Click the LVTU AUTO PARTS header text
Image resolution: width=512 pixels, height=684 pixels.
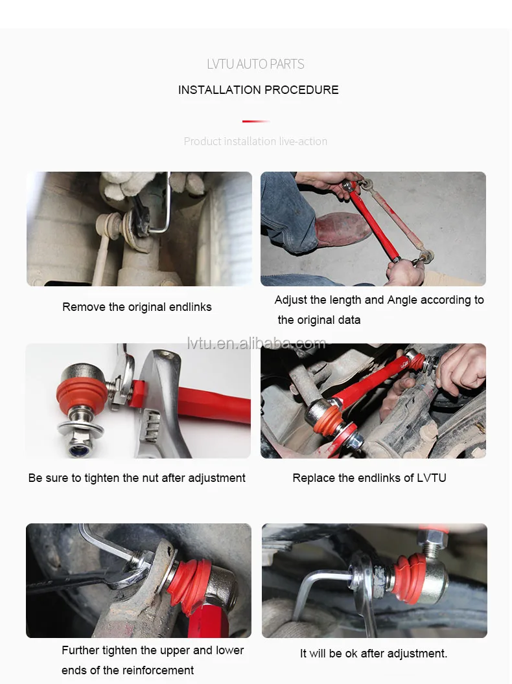(255, 64)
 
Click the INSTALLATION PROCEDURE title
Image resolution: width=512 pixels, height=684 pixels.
(258, 90)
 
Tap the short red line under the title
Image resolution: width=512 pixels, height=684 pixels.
(256, 121)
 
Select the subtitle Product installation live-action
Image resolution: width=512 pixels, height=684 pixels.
(255, 141)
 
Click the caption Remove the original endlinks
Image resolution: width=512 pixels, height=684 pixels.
(137, 307)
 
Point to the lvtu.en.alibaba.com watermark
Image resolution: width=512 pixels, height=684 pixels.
(256, 343)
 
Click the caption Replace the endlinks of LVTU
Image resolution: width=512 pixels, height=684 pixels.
(369, 478)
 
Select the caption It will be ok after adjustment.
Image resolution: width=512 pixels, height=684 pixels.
(374, 654)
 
